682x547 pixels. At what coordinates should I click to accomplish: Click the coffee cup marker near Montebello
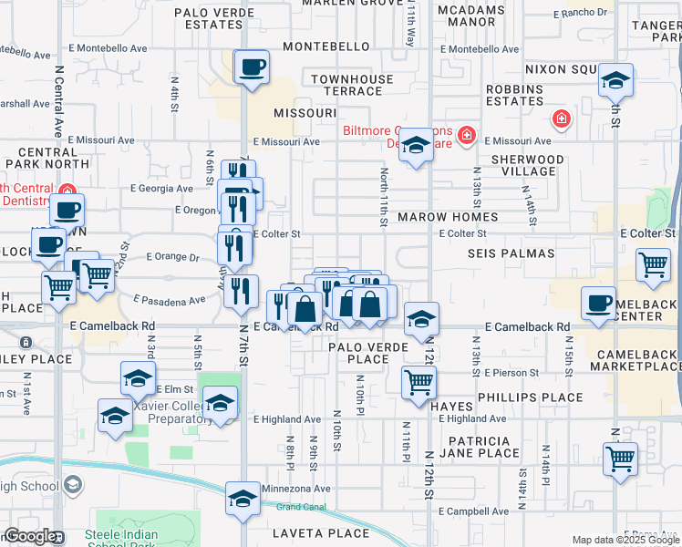pyautogui.click(x=252, y=67)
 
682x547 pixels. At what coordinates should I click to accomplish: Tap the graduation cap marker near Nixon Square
pyautogui.click(x=616, y=81)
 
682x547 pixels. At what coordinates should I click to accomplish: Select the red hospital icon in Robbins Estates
pyautogui.click(x=562, y=119)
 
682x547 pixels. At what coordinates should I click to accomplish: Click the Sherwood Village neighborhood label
pyautogui.click(x=523, y=165)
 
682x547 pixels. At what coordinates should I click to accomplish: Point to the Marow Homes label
pyautogui.click(x=448, y=217)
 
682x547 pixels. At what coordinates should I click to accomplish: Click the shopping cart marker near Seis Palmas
pyautogui.click(x=654, y=264)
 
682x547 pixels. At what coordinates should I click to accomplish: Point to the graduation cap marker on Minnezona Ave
pyautogui.click(x=243, y=499)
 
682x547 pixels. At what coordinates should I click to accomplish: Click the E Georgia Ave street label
pyautogui.click(x=161, y=189)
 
